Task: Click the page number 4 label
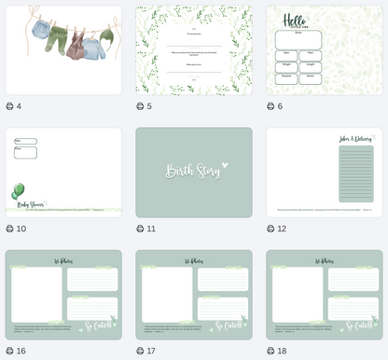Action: click(x=19, y=106)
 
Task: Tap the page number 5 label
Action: click(x=149, y=106)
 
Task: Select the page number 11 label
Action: click(x=151, y=228)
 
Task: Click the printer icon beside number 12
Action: click(x=270, y=228)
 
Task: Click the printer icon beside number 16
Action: click(x=9, y=351)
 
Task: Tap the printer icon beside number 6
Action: click(x=270, y=106)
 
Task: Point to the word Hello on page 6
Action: click(x=295, y=21)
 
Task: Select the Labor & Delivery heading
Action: click(x=355, y=139)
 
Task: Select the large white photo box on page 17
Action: click(x=167, y=294)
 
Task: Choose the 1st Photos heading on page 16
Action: click(x=63, y=261)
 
